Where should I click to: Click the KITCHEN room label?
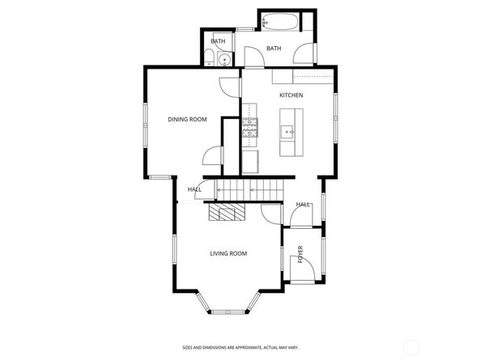coord(291,95)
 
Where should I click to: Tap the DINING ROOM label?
coord(187,120)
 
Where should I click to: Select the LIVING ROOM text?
coord(228,254)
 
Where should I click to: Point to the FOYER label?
coord(300,255)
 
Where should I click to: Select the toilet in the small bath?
coord(210,57)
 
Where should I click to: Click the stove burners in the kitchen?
coord(249,125)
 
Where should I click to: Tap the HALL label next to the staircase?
coord(194,190)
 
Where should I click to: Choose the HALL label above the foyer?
coord(304,205)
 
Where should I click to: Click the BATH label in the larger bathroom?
coord(274,49)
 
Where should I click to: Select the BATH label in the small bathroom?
coord(218,41)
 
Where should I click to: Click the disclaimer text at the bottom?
coord(240,346)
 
